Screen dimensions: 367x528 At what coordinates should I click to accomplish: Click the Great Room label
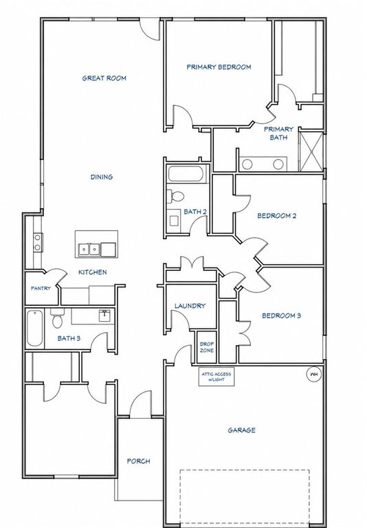click(x=104, y=78)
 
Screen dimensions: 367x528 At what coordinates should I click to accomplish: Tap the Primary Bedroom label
click(x=219, y=67)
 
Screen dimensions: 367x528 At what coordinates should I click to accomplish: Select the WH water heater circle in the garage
click(x=314, y=374)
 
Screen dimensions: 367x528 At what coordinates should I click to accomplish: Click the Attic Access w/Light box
click(x=216, y=377)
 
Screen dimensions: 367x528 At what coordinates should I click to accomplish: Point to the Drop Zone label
click(x=206, y=347)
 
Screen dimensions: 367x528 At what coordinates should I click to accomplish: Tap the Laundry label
click(x=190, y=306)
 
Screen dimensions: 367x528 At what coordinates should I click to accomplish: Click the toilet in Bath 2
click(x=175, y=196)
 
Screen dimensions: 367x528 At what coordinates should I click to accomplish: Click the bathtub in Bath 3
click(x=34, y=329)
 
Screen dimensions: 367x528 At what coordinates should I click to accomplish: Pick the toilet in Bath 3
click(x=57, y=318)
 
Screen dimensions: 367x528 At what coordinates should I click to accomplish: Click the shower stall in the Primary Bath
click(x=311, y=152)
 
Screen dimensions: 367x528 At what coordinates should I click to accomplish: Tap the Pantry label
click(x=41, y=288)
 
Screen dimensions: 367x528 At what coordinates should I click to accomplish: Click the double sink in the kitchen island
click(x=89, y=250)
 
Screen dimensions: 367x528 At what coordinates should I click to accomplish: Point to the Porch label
click(x=138, y=461)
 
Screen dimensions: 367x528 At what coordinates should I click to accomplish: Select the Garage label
click(x=241, y=430)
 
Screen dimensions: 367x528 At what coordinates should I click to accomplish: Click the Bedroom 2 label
click(x=277, y=216)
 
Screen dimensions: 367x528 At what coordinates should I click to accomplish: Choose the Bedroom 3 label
click(x=282, y=316)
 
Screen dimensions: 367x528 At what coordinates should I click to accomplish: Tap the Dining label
click(x=102, y=177)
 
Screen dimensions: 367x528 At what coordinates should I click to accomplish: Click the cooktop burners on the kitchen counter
click(x=37, y=243)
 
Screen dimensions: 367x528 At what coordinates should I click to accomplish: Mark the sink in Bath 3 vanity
click(x=105, y=316)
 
